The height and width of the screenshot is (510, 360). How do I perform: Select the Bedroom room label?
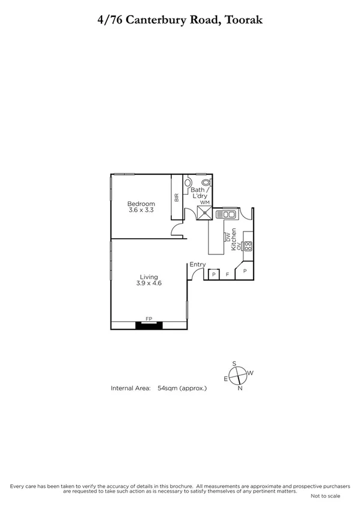(142, 204)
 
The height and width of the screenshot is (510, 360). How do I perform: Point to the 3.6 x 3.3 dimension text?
(142, 210)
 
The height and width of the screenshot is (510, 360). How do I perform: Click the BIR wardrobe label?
(177, 197)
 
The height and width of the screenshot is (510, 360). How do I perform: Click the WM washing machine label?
(204, 202)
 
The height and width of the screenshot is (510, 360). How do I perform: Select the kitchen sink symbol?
(229, 212)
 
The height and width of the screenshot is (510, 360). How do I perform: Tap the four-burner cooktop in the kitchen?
(248, 245)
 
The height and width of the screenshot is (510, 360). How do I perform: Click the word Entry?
(198, 265)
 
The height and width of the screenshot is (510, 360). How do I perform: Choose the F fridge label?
(227, 274)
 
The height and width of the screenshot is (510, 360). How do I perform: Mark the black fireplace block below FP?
(148, 325)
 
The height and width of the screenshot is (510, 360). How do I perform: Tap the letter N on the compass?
(240, 388)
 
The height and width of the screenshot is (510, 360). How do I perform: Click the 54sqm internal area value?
(165, 389)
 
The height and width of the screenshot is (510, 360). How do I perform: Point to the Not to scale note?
(325, 496)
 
